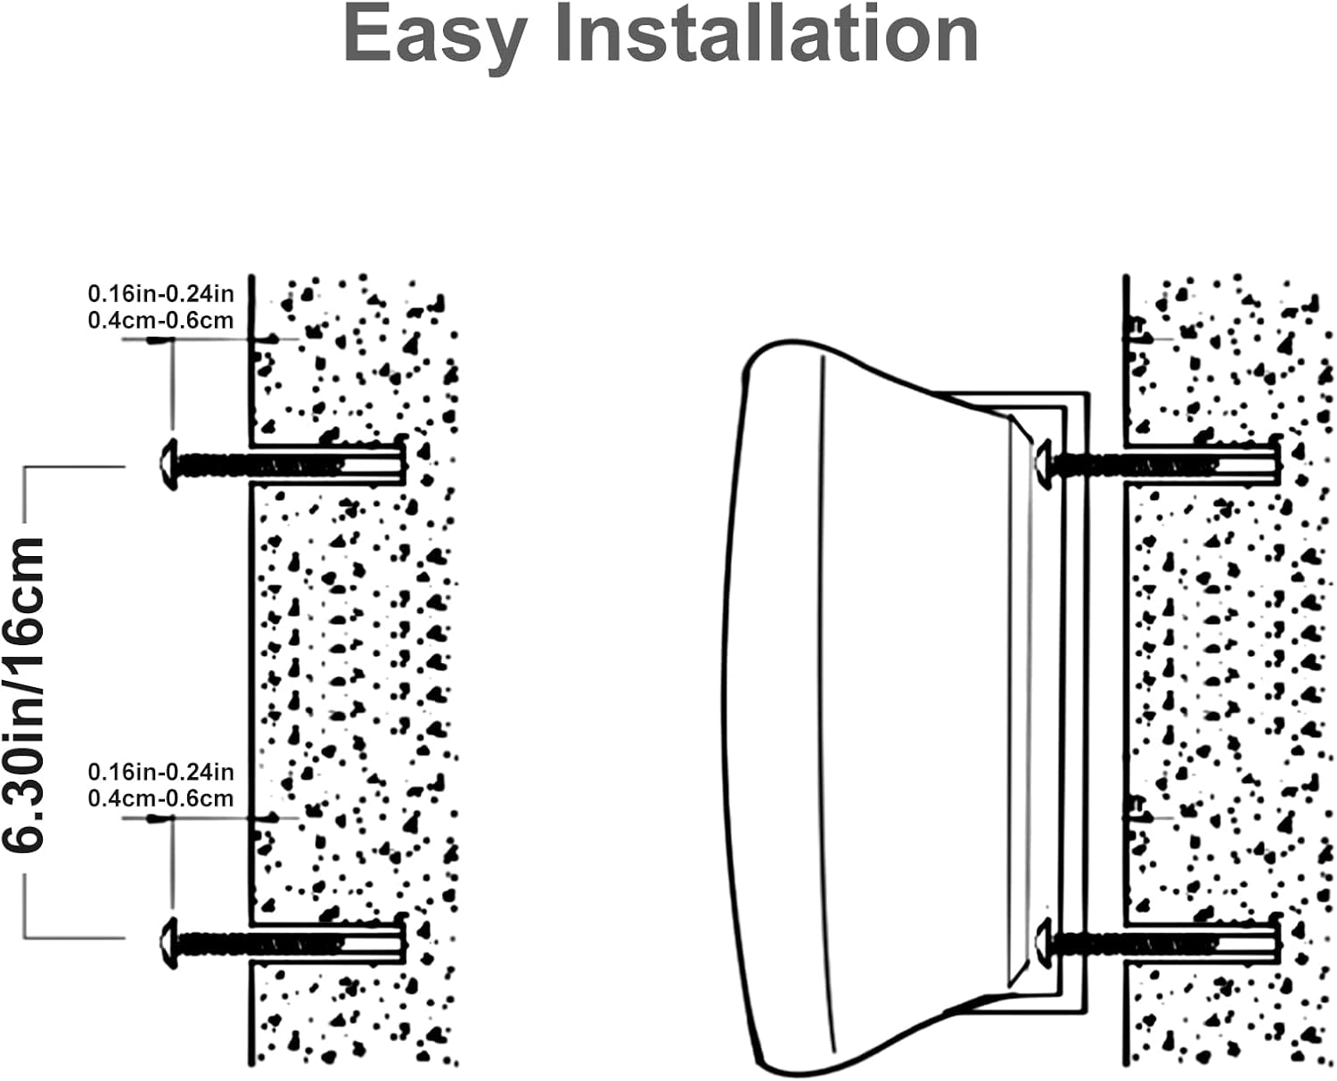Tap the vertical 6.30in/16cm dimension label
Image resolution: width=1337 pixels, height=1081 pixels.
click(25, 695)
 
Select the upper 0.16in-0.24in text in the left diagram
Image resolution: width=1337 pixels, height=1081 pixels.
click(160, 293)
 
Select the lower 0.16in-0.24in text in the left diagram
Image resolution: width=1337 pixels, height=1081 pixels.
click(160, 772)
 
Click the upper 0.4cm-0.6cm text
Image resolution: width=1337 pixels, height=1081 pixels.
click(160, 321)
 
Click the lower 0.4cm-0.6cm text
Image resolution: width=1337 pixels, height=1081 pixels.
click(160, 798)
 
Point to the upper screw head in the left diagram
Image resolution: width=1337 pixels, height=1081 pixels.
click(168, 464)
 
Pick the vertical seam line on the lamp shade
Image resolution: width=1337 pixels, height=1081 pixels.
click(824, 695)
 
